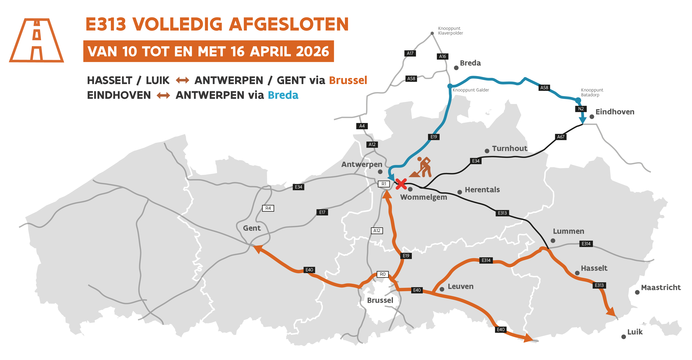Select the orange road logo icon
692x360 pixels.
pyautogui.click(x=37, y=40)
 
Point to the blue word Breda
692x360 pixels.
pyautogui.click(x=283, y=95)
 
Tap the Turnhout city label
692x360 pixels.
pyautogui.click(x=509, y=148)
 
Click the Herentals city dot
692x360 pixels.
pyautogui.click(x=460, y=192)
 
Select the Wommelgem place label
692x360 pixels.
pyautogui.click(x=423, y=197)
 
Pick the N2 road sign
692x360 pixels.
pyautogui.click(x=581, y=109)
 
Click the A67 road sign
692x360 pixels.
pyautogui.click(x=561, y=137)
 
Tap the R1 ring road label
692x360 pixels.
pyautogui.click(x=384, y=184)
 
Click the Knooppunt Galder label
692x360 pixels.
pyautogui.click(x=470, y=90)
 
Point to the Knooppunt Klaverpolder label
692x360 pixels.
pyautogui.click(x=450, y=31)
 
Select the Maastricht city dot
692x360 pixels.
pyautogui.click(x=637, y=292)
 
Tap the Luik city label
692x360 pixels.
pyautogui.click(x=635, y=332)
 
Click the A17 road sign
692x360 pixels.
pyautogui.click(x=410, y=53)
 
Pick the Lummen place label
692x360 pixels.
pyautogui.click(x=568, y=231)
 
